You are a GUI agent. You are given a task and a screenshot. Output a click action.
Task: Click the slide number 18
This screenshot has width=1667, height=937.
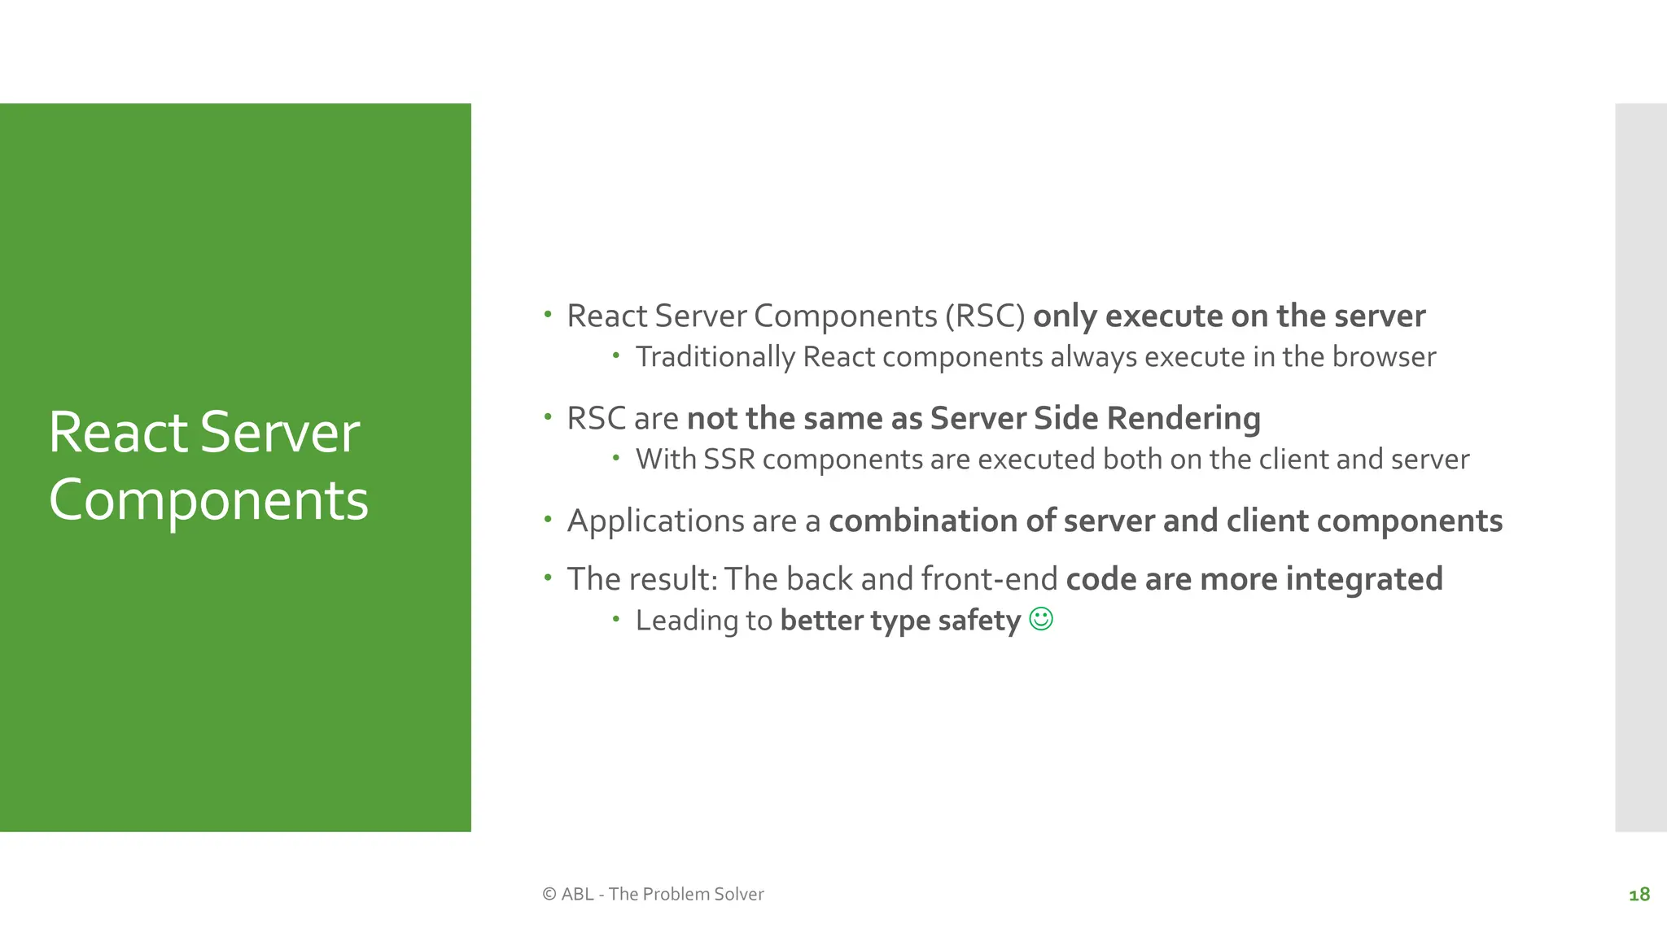tap(1639, 895)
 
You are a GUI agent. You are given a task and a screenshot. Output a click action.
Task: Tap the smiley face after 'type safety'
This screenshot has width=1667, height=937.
tap(1041, 619)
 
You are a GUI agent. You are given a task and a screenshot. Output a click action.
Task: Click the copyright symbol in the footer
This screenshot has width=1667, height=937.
tap(549, 894)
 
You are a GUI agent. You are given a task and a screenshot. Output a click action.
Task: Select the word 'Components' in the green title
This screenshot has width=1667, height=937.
tap(208, 499)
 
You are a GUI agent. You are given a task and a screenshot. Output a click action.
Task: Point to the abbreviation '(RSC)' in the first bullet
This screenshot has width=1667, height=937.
tap(986, 316)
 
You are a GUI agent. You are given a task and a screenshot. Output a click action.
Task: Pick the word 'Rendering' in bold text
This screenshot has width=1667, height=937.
tap(1184, 418)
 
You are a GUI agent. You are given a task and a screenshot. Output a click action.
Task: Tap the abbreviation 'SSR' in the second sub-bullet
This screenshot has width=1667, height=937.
tap(729, 460)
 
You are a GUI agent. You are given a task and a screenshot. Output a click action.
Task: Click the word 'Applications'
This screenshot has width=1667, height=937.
tap(656, 521)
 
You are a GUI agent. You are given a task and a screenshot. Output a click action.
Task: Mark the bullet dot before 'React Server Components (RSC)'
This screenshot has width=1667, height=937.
tap(548, 314)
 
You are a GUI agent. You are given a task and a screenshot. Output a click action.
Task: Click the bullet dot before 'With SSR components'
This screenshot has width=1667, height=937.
tap(616, 458)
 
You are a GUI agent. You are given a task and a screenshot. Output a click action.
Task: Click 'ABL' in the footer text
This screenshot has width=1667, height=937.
tap(577, 894)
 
